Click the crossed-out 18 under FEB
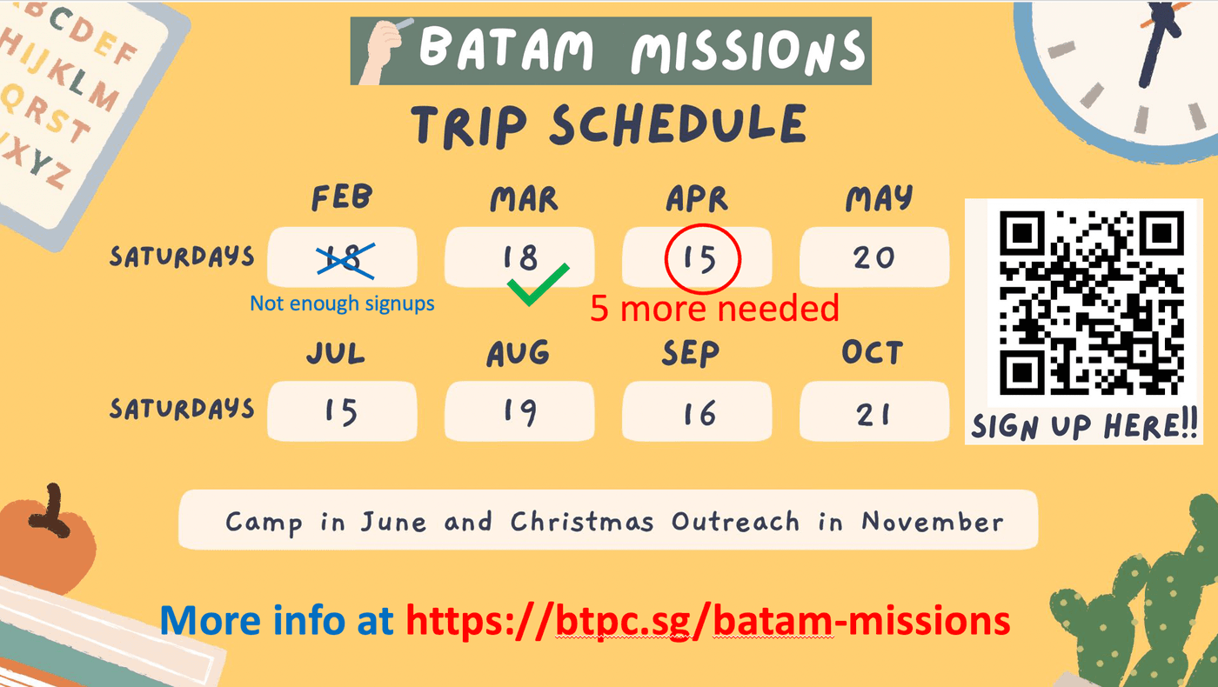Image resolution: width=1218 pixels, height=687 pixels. pyautogui.click(x=345, y=259)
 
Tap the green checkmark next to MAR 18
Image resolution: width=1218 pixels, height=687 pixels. pyautogui.click(x=538, y=285)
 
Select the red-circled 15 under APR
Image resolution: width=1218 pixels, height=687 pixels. pyautogui.click(x=702, y=259)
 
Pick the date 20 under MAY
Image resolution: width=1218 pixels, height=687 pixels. pyautogui.click(x=873, y=257)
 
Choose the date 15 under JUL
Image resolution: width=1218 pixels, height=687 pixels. pyautogui.click(x=341, y=411)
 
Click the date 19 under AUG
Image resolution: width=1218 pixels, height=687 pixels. pyautogui.click(x=520, y=411)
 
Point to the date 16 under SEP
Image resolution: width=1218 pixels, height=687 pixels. pyautogui.click(x=699, y=413)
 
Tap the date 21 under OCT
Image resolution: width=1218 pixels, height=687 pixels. pyautogui.click(x=873, y=415)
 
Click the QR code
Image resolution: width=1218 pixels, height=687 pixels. pyautogui.click(x=1091, y=303)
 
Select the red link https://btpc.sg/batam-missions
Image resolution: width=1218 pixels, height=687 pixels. pyautogui.click(x=708, y=621)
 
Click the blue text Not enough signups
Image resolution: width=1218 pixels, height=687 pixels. pyautogui.click(x=342, y=303)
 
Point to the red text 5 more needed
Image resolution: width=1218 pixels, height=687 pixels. pyautogui.click(x=714, y=308)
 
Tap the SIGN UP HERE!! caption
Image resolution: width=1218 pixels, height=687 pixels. pyautogui.click(x=1084, y=425)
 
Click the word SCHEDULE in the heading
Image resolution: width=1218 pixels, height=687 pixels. pyautogui.click(x=678, y=125)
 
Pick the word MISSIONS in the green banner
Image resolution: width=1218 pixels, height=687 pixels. pyautogui.click(x=748, y=51)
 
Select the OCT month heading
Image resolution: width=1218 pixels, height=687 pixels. pyautogui.click(x=872, y=352)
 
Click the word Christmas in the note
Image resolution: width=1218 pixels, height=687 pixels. pyautogui.click(x=582, y=521)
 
